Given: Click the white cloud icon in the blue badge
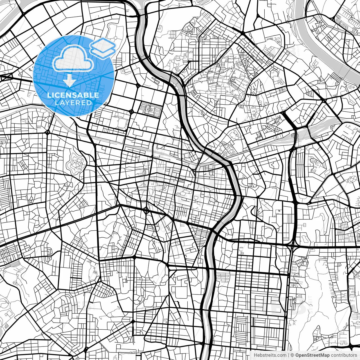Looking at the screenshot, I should [x=73, y=58].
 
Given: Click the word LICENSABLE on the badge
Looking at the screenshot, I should [x=73, y=95].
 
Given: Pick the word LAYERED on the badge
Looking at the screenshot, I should [x=73, y=103].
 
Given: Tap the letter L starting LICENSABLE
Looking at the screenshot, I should [x=49, y=95].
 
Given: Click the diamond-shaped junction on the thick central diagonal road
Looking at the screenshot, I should [x=146, y=210].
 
